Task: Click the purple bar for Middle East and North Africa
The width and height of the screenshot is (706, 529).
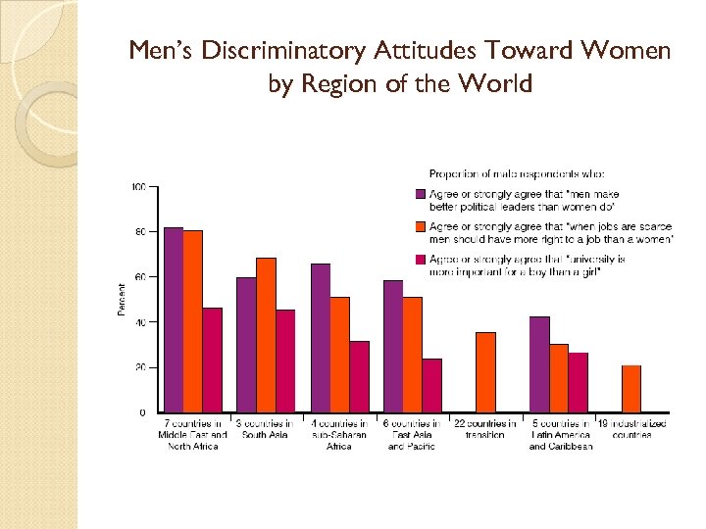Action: pos(174,319)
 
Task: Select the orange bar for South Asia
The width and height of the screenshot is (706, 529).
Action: pos(266,335)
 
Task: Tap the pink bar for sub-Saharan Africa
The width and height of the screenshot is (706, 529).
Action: pos(359,376)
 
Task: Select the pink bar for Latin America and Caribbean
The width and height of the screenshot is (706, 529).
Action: pos(578,382)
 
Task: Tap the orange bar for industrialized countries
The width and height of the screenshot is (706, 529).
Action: pos(631,388)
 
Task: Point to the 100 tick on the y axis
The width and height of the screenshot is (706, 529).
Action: pos(138,186)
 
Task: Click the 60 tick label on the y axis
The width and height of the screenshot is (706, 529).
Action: pos(139,277)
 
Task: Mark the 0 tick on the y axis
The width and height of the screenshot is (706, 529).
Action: pos(142,412)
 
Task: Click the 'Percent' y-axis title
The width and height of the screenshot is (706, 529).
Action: pos(122,299)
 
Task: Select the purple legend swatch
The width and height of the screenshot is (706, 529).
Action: pos(421,194)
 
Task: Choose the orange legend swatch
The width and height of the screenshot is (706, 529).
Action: pos(421,227)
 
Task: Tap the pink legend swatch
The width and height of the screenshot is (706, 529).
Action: pos(421,260)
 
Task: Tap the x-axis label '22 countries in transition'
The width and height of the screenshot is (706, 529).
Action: pos(485,429)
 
